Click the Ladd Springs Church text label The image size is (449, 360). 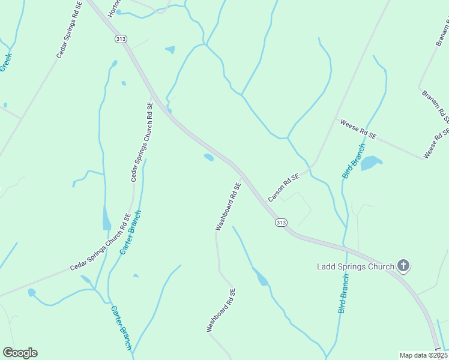tap(355, 266)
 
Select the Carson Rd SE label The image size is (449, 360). tap(283, 187)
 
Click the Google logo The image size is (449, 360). tap(20, 353)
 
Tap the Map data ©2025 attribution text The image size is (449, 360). tap(423, 355)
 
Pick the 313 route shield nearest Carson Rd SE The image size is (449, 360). tap(280, 223)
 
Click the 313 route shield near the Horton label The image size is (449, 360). tap(121, 38)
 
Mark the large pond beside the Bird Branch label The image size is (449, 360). tap(371, 163)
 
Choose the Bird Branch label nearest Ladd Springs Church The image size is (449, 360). tap(343, 294)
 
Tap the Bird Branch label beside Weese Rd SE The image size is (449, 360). tap(354, 161)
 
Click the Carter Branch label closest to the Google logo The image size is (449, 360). tap(121, 328)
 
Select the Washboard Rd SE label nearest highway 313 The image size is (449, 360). tap(228, 206)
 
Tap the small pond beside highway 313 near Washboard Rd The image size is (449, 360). tap(209, 157)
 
